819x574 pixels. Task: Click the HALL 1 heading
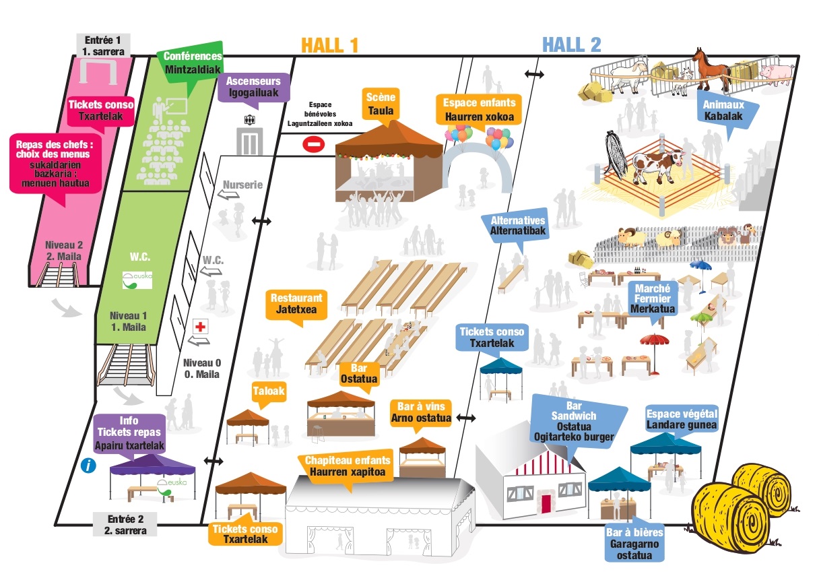coord(329,45)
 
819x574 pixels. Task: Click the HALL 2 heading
coord(571,45)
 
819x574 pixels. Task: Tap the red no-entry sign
coord(313,144)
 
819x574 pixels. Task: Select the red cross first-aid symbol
coord(200,326)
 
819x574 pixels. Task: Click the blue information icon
coord(88,466)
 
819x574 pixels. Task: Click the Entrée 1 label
coord(103,45)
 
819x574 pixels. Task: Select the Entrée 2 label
coord(125,524)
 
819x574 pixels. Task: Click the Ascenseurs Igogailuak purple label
coord(254,87)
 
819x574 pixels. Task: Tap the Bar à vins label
coord(421,412)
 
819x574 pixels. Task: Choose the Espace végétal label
coord(682,419)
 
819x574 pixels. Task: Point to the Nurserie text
coord(242,185)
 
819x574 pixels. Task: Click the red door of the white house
coord(546,503)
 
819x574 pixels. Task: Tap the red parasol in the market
coord(654,340)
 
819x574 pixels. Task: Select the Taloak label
coord(269,391)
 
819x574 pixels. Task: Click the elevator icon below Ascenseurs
coord(250,141)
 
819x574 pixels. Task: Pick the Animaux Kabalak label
coord(723,110)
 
